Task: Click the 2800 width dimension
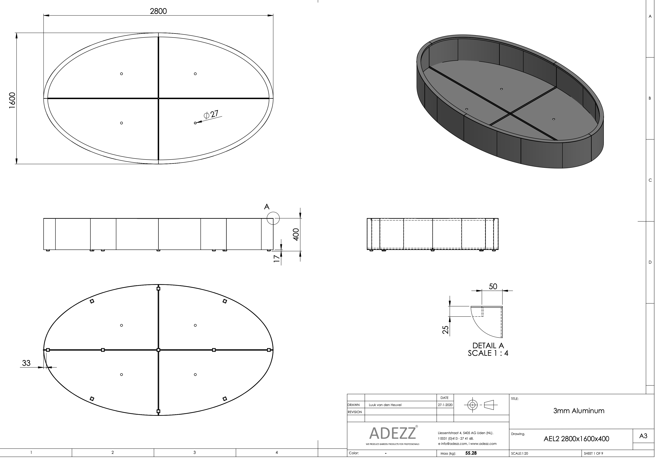[158, 11]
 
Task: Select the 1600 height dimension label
[12, 100]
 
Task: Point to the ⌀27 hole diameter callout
[211, 114]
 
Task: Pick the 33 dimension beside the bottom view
[26, 363]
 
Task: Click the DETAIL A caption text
[488, 346]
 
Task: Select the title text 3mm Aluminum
[579, 411]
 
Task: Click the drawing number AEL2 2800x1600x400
[576, 439]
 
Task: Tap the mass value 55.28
[471, 453]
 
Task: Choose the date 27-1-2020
[445, 405]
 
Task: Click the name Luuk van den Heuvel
[385, 405]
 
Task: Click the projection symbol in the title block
[481, 405]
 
